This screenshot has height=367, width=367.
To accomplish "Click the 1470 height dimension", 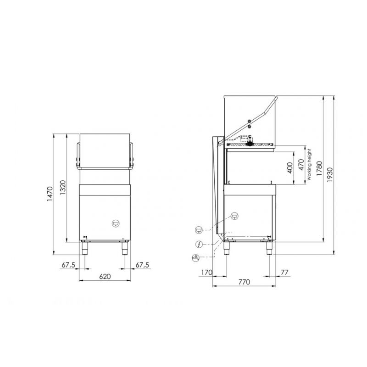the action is coord(50,194).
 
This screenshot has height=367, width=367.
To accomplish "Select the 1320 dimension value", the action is coord(63,188).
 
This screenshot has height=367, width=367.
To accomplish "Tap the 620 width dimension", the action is coord(105,277).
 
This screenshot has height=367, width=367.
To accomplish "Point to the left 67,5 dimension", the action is coord(68,265).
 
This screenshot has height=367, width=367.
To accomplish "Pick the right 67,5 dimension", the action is coord(142,265).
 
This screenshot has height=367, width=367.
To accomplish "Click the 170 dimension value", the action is coord(207,272).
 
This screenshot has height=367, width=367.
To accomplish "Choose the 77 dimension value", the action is coord(284,272).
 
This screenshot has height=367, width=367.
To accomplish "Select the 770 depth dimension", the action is coord(244,282).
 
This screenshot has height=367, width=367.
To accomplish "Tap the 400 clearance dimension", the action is coord(290,168).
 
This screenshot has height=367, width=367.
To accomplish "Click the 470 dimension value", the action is coord(301,165).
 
